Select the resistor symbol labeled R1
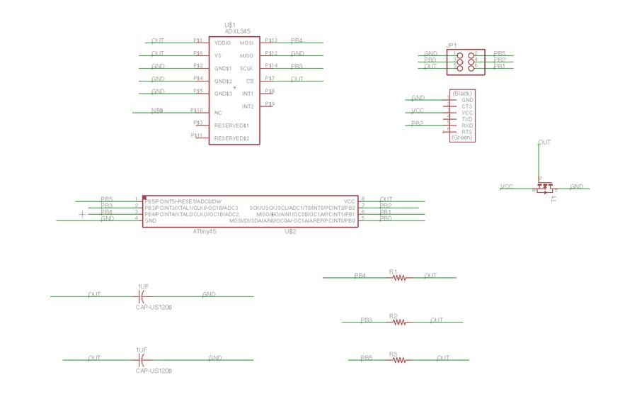400,278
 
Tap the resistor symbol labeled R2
400,322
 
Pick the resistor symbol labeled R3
400,360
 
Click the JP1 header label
452,45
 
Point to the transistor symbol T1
544,187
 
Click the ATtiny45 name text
205,232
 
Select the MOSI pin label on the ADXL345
247,43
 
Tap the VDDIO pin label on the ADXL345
224,43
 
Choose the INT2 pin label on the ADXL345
248,106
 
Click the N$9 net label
157,111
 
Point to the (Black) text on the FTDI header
462,94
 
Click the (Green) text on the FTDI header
462,138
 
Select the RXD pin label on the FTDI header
467,125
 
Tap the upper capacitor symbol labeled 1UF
141,296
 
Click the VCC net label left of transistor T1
507,186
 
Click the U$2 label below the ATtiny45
290,232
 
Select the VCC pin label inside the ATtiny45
350,201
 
